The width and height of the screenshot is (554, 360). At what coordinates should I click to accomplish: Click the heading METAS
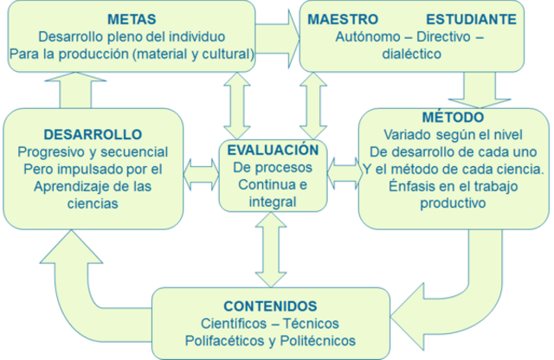tap(132, 19)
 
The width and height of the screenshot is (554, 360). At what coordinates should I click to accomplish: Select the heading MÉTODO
tap(453, 117)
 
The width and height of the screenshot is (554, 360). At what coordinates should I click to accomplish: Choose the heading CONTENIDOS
tap(270, 305)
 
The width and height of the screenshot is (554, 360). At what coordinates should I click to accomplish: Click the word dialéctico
tap(410, 54)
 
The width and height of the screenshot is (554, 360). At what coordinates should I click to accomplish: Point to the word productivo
tap(453, 203)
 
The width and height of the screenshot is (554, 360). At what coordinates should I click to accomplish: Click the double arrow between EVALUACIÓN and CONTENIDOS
tap(271, 249)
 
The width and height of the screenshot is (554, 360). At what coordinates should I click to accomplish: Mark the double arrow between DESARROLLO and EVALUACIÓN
tap(201, 170)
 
